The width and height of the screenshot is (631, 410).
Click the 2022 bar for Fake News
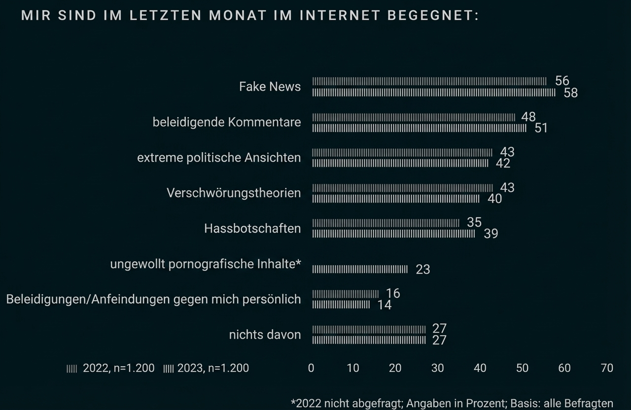(429, 81)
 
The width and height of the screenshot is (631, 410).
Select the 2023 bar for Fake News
(433, 93)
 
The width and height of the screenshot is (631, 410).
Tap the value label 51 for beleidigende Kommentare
(541, 128)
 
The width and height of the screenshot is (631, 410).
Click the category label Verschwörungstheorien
(234, 193)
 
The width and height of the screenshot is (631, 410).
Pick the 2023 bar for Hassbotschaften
(393, 234)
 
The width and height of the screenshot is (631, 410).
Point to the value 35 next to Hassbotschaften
(474, 222)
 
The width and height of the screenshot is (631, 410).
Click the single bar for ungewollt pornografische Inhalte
(360, 269)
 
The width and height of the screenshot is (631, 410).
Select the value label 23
(422, 270)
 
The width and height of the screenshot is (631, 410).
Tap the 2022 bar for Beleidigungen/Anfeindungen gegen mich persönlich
(345, 294)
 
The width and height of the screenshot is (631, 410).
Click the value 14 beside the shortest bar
(384, 305)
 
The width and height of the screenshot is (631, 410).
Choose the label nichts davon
(265, 335)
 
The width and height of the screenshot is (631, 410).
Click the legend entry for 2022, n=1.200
(111, 368)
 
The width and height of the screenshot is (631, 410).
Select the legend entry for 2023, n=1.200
(206, 368)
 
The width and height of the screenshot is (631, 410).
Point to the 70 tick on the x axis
(607, 368)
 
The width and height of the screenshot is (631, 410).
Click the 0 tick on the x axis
(311, 368)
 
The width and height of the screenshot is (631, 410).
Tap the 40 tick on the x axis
(480, 368)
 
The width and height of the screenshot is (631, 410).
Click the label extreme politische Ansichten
(219, 158)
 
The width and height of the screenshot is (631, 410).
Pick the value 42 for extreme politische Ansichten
(503, 164)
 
